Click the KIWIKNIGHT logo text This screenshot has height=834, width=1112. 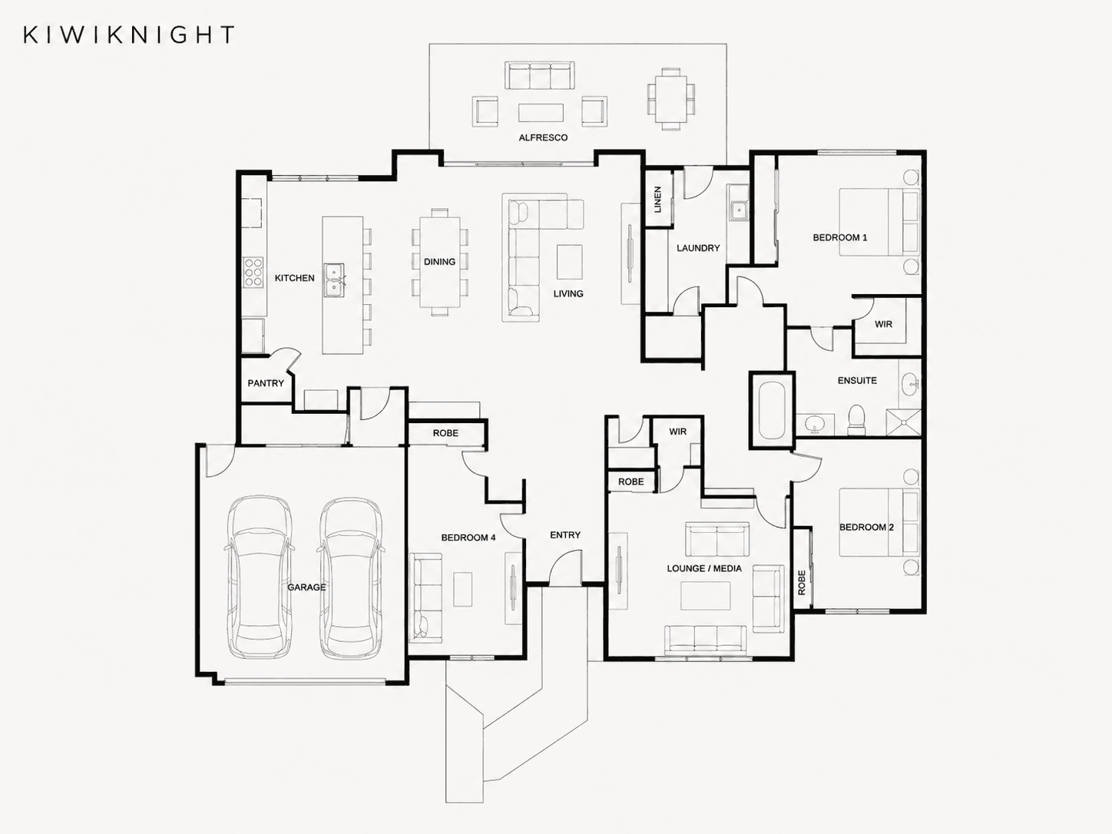(129, 35)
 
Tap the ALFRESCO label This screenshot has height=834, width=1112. (543, 137)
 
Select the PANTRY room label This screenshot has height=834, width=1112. (266, 383)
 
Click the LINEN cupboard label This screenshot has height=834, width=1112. (657, 199)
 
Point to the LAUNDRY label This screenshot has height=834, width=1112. (698, 248)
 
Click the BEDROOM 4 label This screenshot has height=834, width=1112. (468, 538)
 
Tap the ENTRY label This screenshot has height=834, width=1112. (565, 534)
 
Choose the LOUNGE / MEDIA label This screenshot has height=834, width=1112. (704, 568)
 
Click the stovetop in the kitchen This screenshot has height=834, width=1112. (253, 272)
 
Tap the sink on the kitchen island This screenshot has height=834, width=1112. (334, 280)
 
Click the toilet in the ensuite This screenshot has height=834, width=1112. (857, 420)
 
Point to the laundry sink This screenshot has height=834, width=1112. (737, 209)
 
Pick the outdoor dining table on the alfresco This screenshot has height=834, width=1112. (670, 99)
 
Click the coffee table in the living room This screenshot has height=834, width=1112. (569, 262)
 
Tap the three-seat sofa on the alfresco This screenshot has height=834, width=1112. (540, 76)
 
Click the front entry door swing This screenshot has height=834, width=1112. (565, 568)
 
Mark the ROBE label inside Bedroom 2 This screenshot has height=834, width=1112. (802, 582)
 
